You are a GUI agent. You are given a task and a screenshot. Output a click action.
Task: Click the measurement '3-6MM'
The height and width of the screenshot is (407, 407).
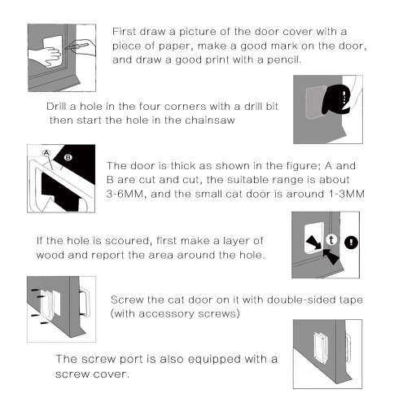125,193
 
